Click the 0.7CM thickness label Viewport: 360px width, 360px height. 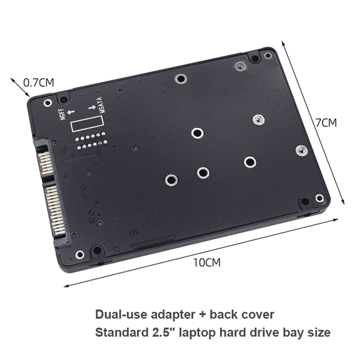(x=39, y=82)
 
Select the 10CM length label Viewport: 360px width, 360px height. (x=207, y=262)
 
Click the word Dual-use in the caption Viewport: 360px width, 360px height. (x=119, y=314)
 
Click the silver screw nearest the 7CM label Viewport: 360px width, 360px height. (x=301, y=149)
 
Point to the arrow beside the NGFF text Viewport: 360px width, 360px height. (x=69, y=111)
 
